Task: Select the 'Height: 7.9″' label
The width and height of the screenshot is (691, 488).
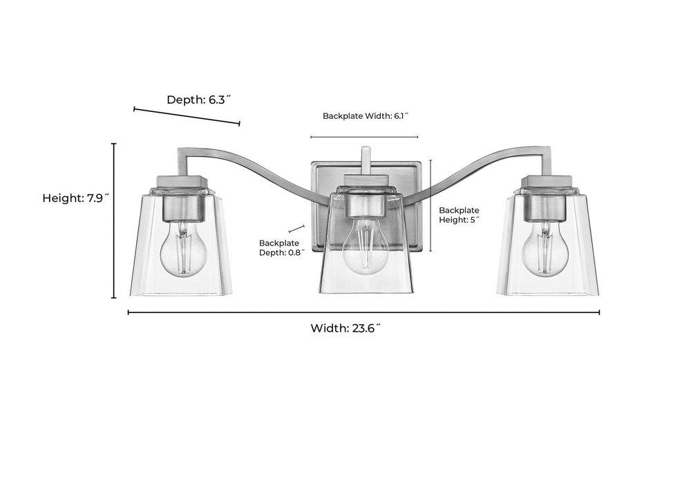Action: (77, 198)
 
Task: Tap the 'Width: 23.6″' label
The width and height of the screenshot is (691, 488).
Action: (346, 328)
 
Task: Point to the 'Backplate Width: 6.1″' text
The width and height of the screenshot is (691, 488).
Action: (366, 116)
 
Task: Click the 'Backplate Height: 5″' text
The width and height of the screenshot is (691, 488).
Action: (460, 215)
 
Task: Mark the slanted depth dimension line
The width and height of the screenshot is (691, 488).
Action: (187, 116)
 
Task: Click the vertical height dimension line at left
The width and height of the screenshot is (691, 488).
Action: (114, 220)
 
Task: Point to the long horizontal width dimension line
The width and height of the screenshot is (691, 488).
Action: (363, 312)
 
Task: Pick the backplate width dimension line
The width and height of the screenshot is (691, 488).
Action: (365, 137)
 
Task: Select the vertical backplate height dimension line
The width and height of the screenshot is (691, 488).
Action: (430, 205)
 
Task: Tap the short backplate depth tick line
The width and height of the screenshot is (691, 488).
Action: (297, 227)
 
